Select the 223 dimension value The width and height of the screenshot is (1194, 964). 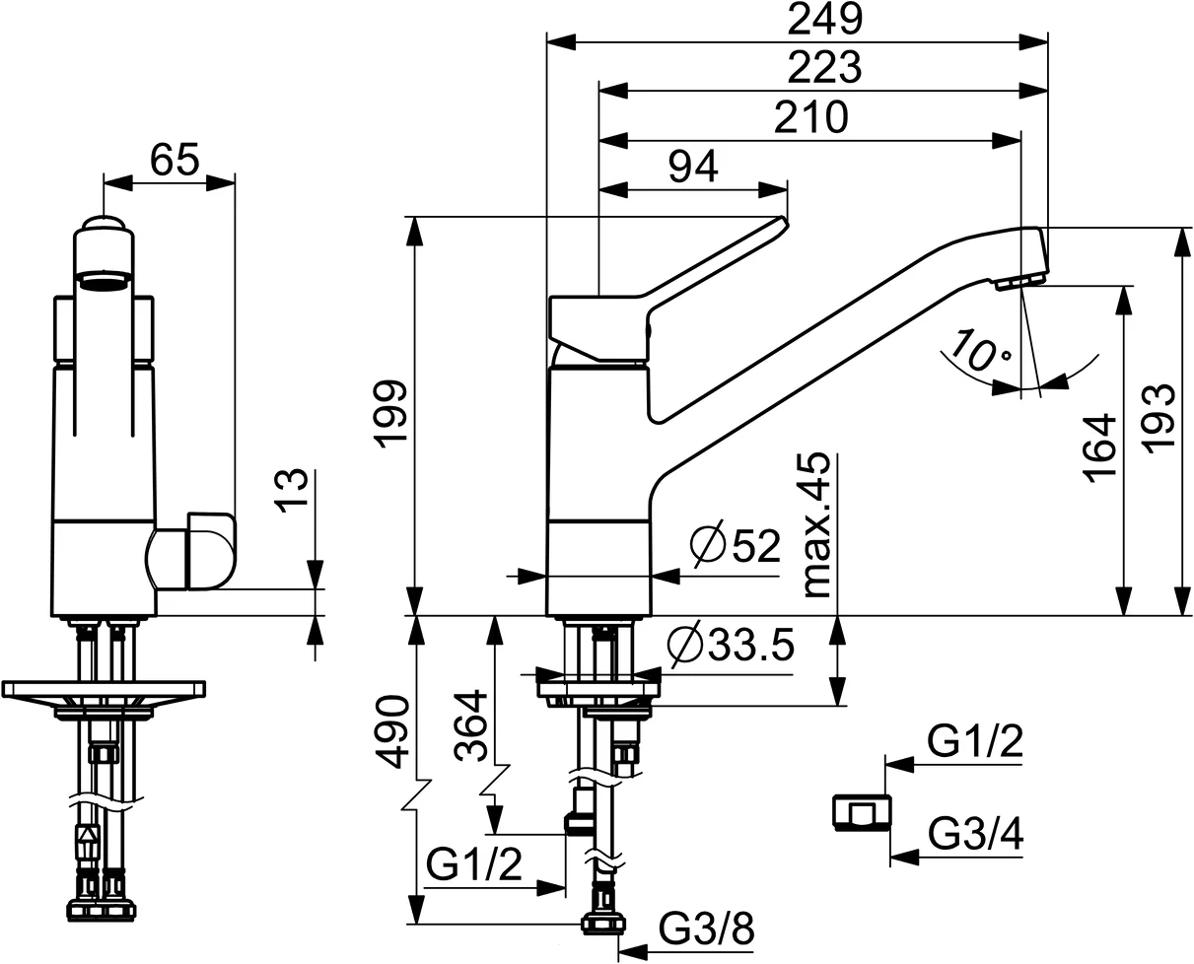pos(825,68)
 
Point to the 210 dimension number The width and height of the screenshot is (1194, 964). pos(809,118)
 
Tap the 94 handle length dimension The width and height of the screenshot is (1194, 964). pos(693,165)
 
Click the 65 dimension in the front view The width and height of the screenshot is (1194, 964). pos(175,159)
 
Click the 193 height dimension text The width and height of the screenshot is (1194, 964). pos(1160,418)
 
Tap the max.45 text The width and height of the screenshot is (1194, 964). pos(816,526)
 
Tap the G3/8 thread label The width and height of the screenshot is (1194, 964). pos(706,929)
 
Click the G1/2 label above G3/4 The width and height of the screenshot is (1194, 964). pos(974,739)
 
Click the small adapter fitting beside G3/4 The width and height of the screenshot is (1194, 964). pos(860,812)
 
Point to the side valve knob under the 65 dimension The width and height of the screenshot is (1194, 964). pos(192,551)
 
